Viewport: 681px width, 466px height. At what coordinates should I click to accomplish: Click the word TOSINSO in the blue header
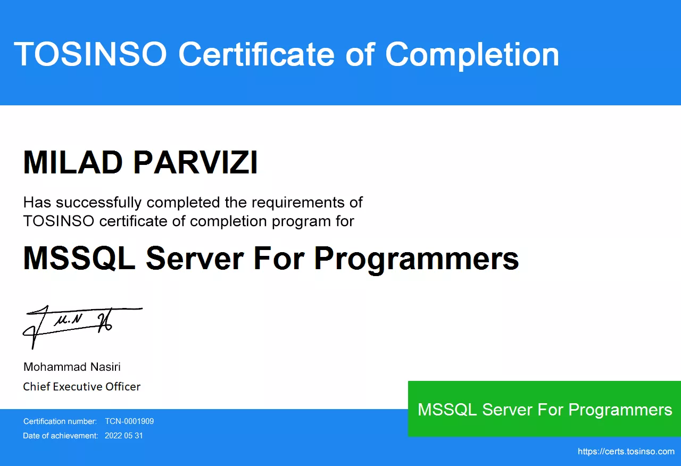click(90, 54)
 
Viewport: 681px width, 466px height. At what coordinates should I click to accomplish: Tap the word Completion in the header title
click(472, 55)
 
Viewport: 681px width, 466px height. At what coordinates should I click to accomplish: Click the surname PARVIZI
click(195, 162)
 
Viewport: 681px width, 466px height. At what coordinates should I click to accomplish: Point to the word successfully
click(98, 203)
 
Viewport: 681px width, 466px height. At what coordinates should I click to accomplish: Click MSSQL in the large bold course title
click(79, 258)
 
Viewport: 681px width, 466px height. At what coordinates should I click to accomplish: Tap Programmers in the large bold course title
click(416, 259)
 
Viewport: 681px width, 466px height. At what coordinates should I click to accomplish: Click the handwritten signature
click(82, 327)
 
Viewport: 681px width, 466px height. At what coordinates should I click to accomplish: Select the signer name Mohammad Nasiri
click(72, 367)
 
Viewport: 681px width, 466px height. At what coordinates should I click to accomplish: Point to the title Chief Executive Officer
click(82, 387)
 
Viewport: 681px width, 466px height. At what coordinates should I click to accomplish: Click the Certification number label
click(60, 421)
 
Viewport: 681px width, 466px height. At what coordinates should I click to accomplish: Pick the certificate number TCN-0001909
click(129, 421)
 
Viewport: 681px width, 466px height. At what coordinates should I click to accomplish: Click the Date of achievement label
click(61, 436)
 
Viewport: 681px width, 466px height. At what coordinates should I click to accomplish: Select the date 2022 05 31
click(124, 436)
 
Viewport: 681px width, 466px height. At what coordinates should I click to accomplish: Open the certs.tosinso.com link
click(626, 452)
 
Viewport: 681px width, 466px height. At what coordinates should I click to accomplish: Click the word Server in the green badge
click(508, 410)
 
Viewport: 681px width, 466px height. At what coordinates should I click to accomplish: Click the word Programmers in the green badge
click(620, 410)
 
